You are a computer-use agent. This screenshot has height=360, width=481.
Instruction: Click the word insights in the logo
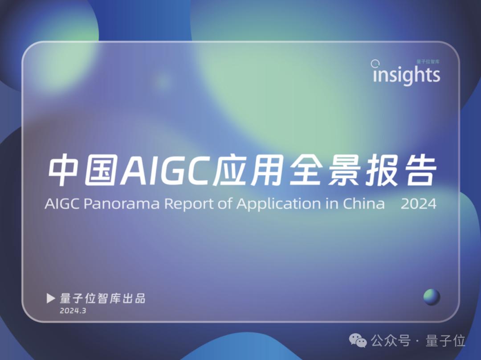[406, 74]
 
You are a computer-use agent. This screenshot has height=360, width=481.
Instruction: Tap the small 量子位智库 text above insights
[428, 61]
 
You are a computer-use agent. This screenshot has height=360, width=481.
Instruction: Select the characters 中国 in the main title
[83, 170]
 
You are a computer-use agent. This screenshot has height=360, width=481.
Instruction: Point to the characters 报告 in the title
[401, 170]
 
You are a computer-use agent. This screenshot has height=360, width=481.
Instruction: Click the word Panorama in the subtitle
[122, 204]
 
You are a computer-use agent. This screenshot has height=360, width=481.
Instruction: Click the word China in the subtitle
[363, 203]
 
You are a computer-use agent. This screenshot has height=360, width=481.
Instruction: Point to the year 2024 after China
[418, 204]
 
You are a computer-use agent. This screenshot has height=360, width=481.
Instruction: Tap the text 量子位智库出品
[102, 299]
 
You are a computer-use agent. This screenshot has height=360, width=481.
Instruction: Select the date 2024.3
[73, 311]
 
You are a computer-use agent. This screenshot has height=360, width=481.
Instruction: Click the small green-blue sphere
[432, 297]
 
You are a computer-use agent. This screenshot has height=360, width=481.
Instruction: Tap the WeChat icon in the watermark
[358, 340]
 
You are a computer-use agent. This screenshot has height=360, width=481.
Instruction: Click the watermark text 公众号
[390, 340]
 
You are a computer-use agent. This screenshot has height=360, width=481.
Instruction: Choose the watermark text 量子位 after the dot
[445, 340]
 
